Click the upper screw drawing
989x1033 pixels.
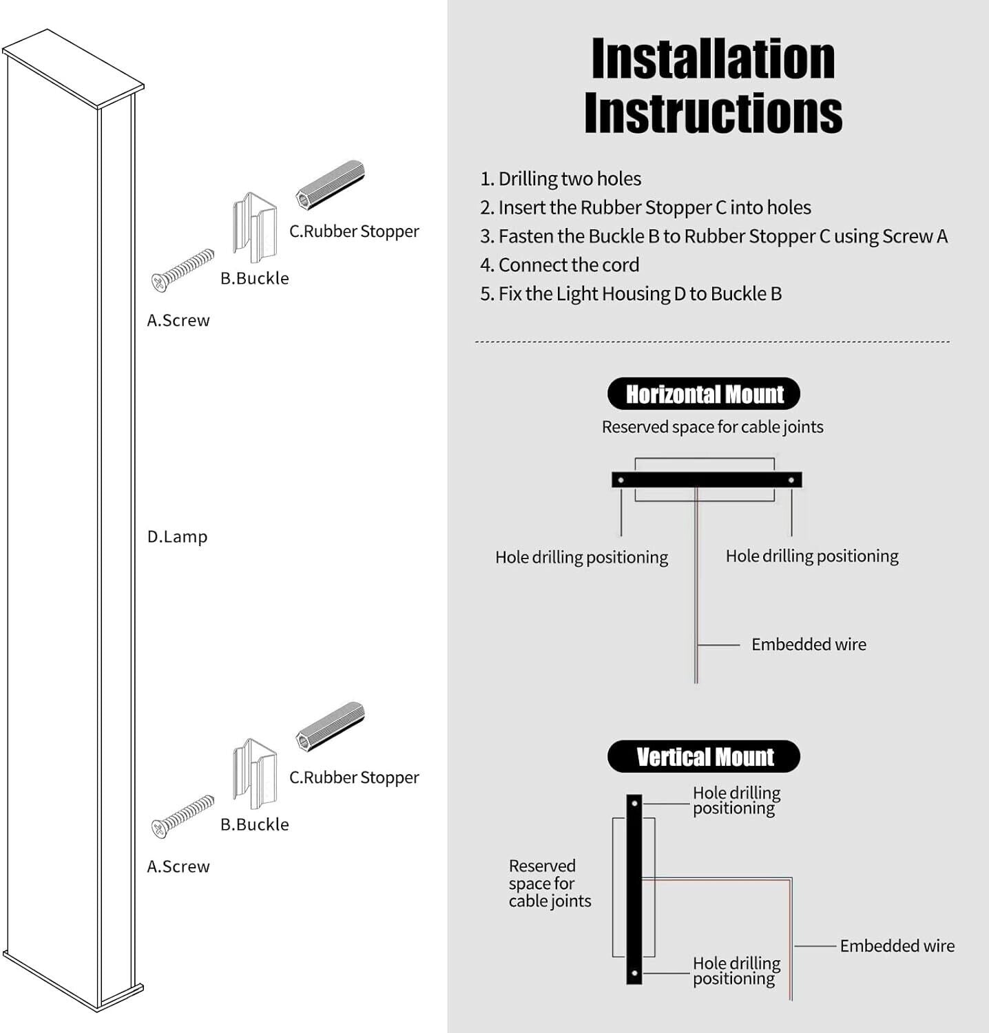[x=183, y=270]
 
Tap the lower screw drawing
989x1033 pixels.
[x=183, y=816]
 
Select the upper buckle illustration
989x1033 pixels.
[x=255, y=227]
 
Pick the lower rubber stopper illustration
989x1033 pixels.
[x=331, y=727]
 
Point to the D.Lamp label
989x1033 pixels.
[x=177, y=536]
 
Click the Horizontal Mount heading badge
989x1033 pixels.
[x=704, y=394]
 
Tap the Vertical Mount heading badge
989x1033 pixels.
[x=704, y=757]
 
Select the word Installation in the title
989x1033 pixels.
[x=713, y=59]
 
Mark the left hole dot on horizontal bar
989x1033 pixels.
[x=621, y=480]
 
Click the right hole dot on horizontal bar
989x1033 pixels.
[x=791, y=480]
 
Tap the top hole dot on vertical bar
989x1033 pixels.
[x=634, y=804]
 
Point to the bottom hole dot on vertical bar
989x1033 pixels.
[x=634, y=974]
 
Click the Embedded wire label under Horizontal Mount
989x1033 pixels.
[x=809, y=645]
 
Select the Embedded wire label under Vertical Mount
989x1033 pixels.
[x=897, y=946]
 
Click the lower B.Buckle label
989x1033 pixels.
[x=255, y=824]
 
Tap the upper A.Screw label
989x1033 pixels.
[x=178, y=320]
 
